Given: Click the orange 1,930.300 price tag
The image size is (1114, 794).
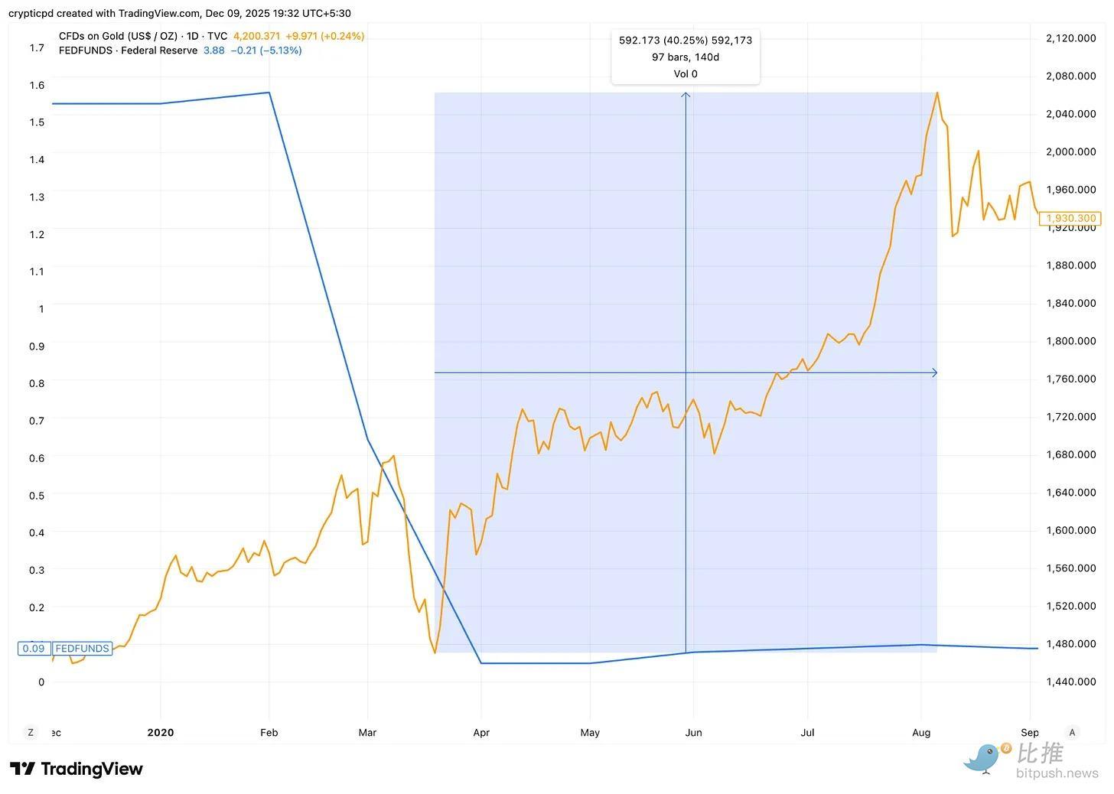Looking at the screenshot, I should pos(1070,219).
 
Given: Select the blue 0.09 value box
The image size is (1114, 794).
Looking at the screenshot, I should pos(34,649).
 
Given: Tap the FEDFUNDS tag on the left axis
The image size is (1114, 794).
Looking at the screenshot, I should pos(82,649).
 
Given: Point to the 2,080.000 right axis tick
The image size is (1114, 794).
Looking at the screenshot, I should pos(1070,76).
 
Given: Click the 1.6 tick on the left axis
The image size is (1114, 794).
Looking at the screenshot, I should pos(37,85).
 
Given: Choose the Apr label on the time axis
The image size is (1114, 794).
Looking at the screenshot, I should pos(481,733).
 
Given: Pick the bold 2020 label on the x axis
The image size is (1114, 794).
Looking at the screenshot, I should pos(161,733).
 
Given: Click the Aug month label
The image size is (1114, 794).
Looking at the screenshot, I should pos(921,733).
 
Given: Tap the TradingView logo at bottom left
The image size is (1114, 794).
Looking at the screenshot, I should pos(77,769).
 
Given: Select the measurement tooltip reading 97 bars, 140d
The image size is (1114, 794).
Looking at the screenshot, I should pos(686,57).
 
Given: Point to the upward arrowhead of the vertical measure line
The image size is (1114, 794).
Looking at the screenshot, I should pos(686,94).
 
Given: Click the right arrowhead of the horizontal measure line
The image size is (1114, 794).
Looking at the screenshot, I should pos(934,373).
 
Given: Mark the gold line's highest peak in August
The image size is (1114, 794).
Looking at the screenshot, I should pos(937,93).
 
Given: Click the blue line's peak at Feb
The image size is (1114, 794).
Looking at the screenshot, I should pos(269,93).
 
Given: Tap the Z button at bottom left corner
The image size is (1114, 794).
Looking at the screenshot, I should pos(31,733).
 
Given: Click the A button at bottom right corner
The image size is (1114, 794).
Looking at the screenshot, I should pos(1072,733).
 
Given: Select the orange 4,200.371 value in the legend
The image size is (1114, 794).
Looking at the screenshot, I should pos(256,36).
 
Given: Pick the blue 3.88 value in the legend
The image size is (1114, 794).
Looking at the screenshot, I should pos(213,50).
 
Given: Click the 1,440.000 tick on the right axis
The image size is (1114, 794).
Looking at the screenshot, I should pos(1070,682).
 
